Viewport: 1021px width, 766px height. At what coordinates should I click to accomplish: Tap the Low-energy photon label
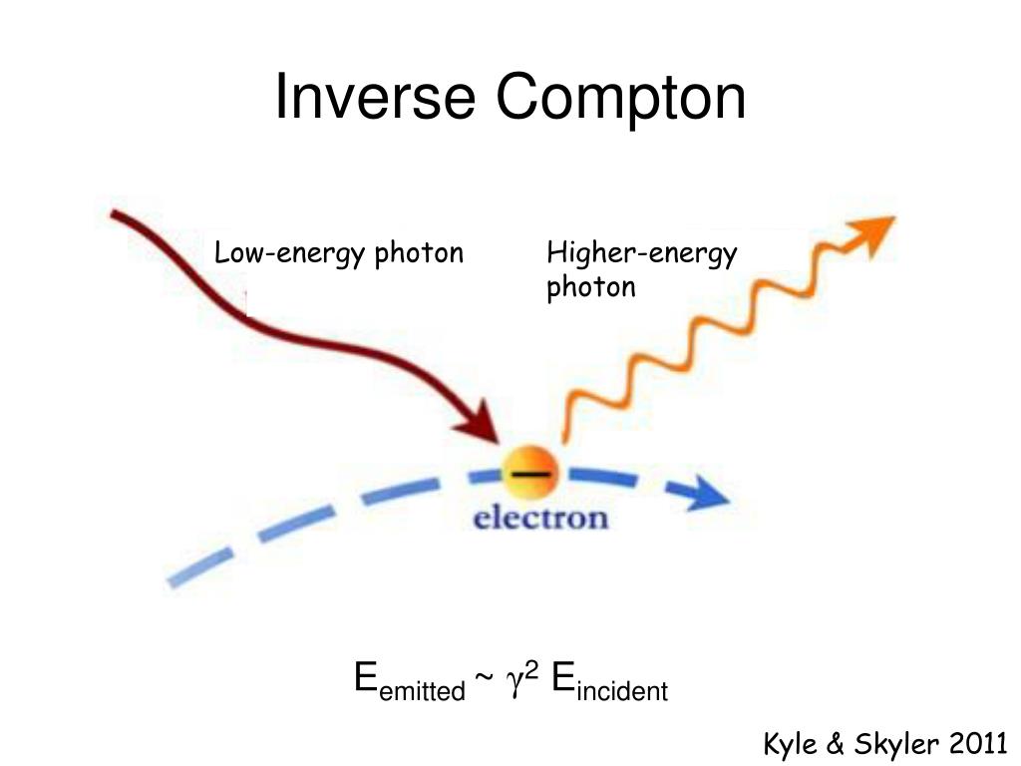(x=339, y=253)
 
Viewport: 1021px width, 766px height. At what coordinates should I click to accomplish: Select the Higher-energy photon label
(x=641, y=270)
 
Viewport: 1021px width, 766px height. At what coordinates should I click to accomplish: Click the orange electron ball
(x=529, y=476)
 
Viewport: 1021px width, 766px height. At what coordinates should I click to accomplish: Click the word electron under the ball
(x=539, y=519)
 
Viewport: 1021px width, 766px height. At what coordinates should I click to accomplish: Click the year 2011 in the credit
(x=980, y=744)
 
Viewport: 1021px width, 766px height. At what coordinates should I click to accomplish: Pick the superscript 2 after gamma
(x=532, y=671)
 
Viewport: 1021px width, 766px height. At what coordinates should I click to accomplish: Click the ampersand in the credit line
(x=836, y=744)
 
